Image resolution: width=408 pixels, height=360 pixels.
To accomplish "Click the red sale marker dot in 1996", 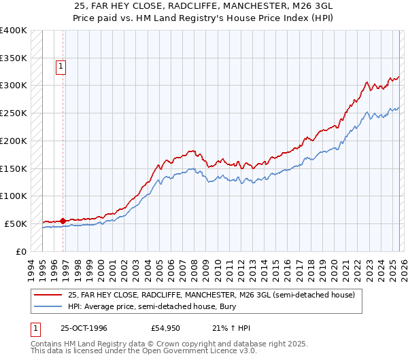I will (63, 221).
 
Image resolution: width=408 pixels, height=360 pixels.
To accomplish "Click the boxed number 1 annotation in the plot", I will (61, 67).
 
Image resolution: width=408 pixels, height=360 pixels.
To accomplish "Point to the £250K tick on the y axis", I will (14, 113).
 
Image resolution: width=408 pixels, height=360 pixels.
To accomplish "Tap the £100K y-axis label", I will (14, 196).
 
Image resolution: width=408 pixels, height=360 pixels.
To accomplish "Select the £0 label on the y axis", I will (20, 251).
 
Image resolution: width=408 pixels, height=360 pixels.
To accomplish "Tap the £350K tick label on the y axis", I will (14, 58).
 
